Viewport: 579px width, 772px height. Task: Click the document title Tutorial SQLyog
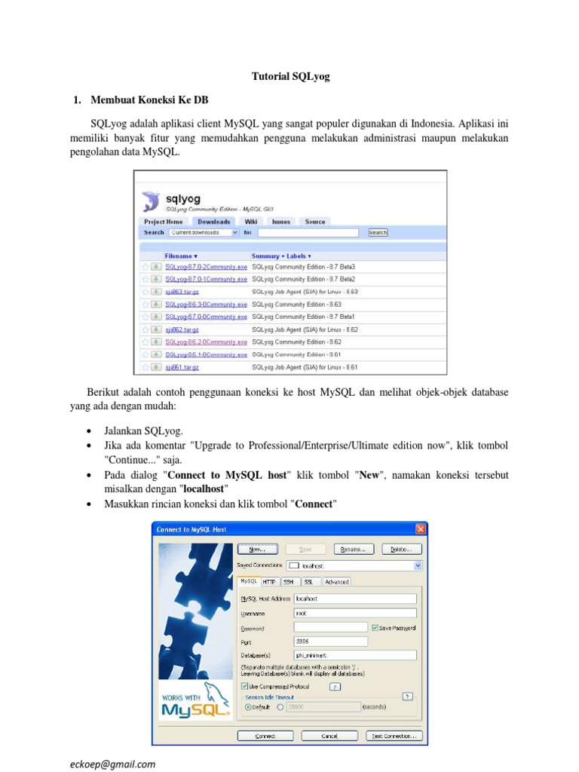coord(290,76)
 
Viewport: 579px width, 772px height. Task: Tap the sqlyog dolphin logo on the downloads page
coord(151,201)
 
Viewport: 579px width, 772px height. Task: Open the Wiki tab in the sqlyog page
coord(250,222)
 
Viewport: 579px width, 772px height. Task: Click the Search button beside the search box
coord(378,233)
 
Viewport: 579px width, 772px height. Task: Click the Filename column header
coord(181,256)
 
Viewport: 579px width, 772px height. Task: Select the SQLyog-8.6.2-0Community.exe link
coord(206,342)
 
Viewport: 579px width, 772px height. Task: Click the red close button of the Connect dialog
coord(420,529)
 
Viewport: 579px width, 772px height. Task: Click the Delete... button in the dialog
coord(401,549)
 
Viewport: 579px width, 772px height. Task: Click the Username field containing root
coord(354,613)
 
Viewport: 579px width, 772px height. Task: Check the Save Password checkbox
coord(375,627)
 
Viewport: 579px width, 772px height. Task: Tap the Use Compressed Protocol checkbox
coord(244,686)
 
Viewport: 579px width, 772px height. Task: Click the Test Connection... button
coord(394,736)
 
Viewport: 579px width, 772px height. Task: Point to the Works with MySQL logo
coord(192,705)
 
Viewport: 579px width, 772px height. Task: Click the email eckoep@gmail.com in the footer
coord(113,763)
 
